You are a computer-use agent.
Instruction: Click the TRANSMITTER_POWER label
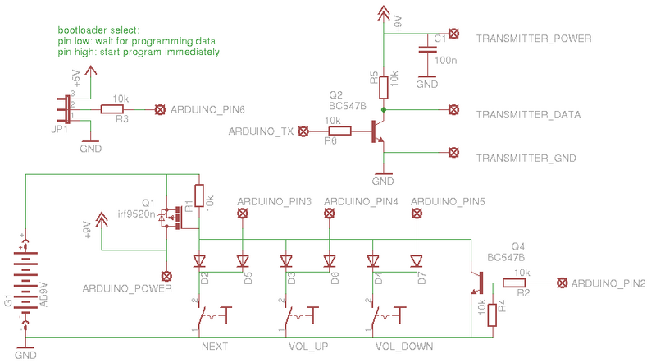[x=534, y=39]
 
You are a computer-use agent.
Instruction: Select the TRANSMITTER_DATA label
[x=529, y=115]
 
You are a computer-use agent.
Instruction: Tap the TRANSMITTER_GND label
[x=526, y=158]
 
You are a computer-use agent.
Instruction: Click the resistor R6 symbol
[x=339, y=131]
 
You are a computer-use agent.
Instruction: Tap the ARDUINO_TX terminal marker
[x=304, y=131]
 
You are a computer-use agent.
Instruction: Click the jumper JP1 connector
[x=65, y=108]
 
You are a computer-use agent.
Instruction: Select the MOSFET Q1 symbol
[x=171, y=218]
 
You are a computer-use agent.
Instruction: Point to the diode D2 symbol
[x=198, y=261]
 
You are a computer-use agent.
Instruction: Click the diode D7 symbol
[x=417, y=261]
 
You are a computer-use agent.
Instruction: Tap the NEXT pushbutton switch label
[x=214, y=347]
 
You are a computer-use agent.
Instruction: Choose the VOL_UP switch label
[x=308, y=347]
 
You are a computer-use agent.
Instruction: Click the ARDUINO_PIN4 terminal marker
[x=330, y=214]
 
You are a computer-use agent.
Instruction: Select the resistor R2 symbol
[x=514, y=283]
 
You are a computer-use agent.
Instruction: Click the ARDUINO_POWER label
[x=127, y=289]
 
